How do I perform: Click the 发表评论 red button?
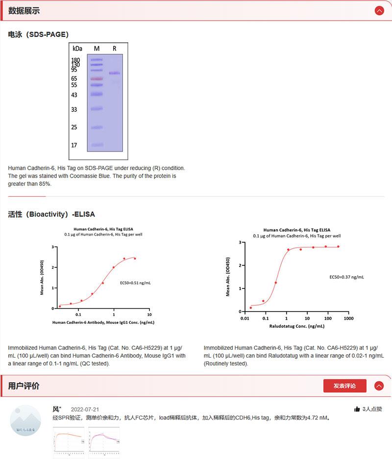[344, 386]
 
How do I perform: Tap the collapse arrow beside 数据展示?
[379, 11]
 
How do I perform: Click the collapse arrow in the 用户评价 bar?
[379, 386]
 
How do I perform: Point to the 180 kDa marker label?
[76, 60]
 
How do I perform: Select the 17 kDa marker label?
[74, 145]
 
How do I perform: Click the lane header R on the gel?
[115, 49]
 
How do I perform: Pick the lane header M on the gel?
[97, 49]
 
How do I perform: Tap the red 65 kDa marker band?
[97, 78]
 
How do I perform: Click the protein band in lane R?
[114, 73]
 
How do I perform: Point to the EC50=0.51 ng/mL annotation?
[135, 283]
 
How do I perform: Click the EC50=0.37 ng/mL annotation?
[346, 277]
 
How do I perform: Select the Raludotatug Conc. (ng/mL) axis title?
[296, 326]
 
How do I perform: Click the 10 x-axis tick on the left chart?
[149, 314]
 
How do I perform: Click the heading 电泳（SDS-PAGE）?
[38, 34]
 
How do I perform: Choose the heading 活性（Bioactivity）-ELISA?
[51, 214]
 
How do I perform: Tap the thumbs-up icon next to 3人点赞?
[357, 409]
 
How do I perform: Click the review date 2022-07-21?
[85, 409]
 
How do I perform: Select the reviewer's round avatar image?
[25, 421]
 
